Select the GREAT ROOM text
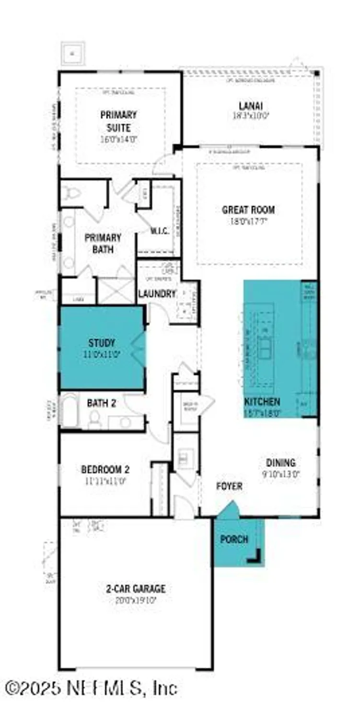pos(248,210)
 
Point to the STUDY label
pos(102,343)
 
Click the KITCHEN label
pos(262,402)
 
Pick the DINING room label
pos(281,463)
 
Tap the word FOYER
pos(229,486)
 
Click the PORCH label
pos(234,539)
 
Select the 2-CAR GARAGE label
pos(136,589)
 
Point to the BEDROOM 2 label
pos(105,469)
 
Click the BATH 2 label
pos(101,403)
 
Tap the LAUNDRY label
pos(157,293)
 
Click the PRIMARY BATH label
pos(103,244)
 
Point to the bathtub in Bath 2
pos(70,411)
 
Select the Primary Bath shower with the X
pos(116,290)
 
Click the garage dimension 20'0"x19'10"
pos(136,599)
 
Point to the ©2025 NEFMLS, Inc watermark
pos(91,688)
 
